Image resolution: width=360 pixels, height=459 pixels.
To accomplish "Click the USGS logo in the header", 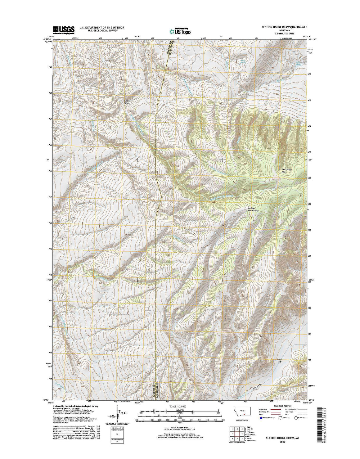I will click(x=64, y=30).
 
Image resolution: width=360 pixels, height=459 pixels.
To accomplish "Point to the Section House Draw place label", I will click(x=253, y=209).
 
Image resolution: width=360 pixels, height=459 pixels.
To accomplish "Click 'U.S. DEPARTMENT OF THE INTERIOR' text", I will click(x=102, y=28).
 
